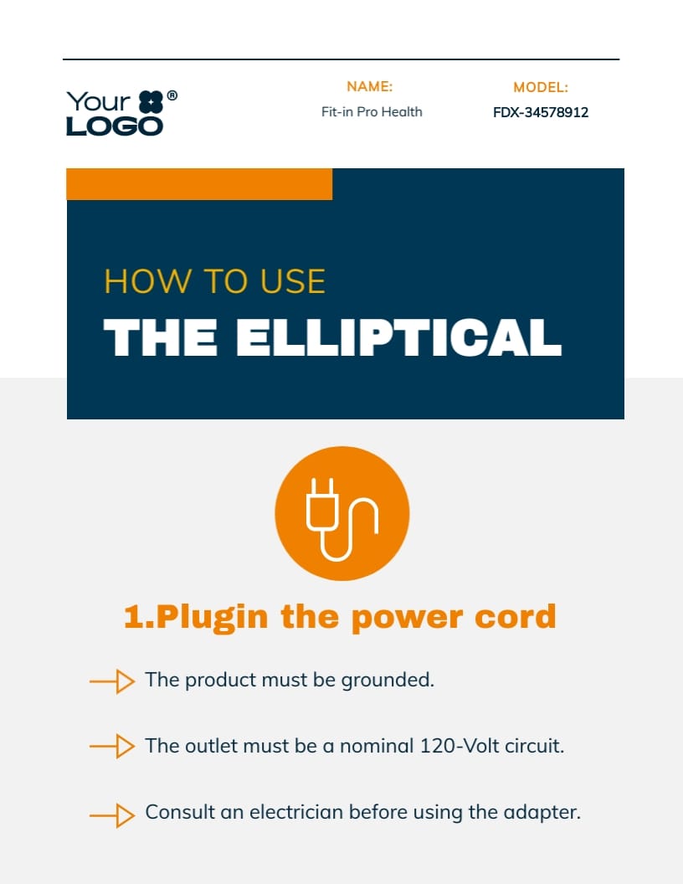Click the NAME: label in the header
tap(370, 86)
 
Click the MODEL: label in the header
tap(541, 87)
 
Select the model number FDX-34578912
tap(541, 112)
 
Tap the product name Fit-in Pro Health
tap(372, 111)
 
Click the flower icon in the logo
tap(151, 102)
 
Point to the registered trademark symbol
tap(172, 95)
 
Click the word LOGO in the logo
tap(115, 126)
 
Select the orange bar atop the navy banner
tap(199, 184)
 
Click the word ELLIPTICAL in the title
tap(398, 337)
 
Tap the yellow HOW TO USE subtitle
tap(215, 280)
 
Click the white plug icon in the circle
tap(342, 519)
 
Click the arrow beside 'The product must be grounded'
tap(112, 681)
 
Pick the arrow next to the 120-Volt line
tap(112, 747)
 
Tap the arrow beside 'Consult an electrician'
tap(112, 815)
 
